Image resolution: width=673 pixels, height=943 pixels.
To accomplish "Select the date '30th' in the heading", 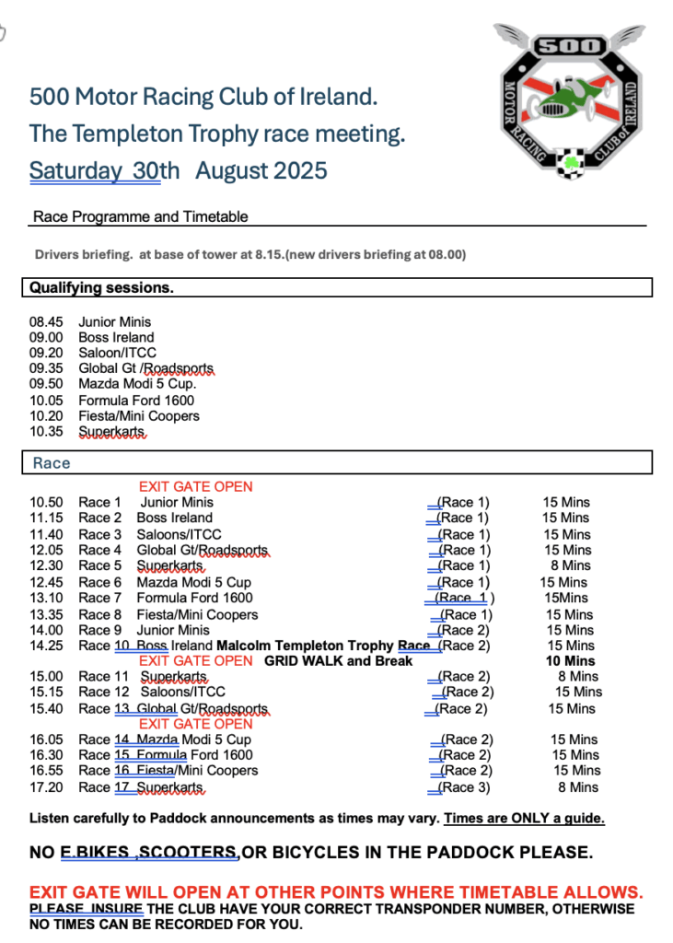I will pos(157,171).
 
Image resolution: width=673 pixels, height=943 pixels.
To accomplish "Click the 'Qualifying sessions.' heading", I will pos(102,288).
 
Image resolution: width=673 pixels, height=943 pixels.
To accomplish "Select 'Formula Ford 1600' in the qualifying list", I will pos(136,401).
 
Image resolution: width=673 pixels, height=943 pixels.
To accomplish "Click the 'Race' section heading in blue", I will pos(52,463).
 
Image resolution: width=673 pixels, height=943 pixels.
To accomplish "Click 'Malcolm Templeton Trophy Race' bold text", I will pos(331,646).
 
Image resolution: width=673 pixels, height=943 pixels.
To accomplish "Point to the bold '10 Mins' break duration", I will pos(570,661).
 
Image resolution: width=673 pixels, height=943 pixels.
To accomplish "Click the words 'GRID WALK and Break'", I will pos(338,661).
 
